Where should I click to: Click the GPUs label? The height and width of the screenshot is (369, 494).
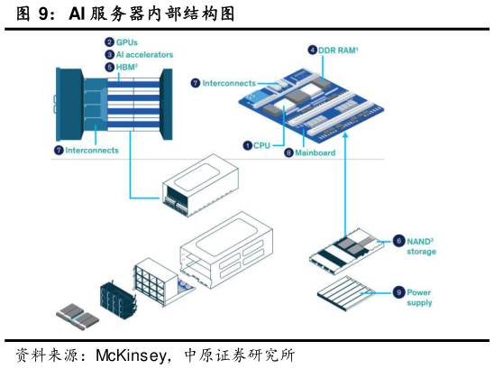tap(126, 42)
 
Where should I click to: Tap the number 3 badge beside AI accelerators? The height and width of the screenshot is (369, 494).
tap(109, 54)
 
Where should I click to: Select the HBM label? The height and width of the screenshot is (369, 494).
tap(126, 67)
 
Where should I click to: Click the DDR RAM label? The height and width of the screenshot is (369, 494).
tap(338, 51)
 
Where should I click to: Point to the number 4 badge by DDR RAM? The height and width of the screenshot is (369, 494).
tap(312, 51)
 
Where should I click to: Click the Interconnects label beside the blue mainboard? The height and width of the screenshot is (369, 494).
tap(229, 83)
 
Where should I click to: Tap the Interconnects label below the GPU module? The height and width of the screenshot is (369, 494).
tap(92, 150)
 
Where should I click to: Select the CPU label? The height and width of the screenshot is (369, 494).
tap(261, 145)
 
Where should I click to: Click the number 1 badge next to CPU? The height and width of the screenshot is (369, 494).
tap(248, 145)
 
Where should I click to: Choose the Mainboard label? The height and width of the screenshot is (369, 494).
tap(315, 152)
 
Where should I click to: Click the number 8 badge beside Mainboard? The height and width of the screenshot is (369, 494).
tap(288, 152)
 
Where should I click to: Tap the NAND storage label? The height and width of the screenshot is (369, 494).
tap(421, 246)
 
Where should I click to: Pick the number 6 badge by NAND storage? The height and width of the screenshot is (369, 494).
tap(398, 241)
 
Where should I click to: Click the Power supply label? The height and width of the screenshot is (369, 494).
tap(419, 298)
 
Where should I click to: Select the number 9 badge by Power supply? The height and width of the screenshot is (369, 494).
tap(398, 292)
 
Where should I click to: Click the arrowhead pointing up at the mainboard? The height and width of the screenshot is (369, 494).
tap(345, 135)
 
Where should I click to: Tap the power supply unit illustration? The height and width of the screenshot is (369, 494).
tap(346, 293)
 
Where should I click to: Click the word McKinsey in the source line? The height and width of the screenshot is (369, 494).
tap(132, 355)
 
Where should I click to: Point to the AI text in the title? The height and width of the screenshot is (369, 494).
tap(78, 14)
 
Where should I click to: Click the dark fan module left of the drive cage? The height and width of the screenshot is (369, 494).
tap(119, 299)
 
